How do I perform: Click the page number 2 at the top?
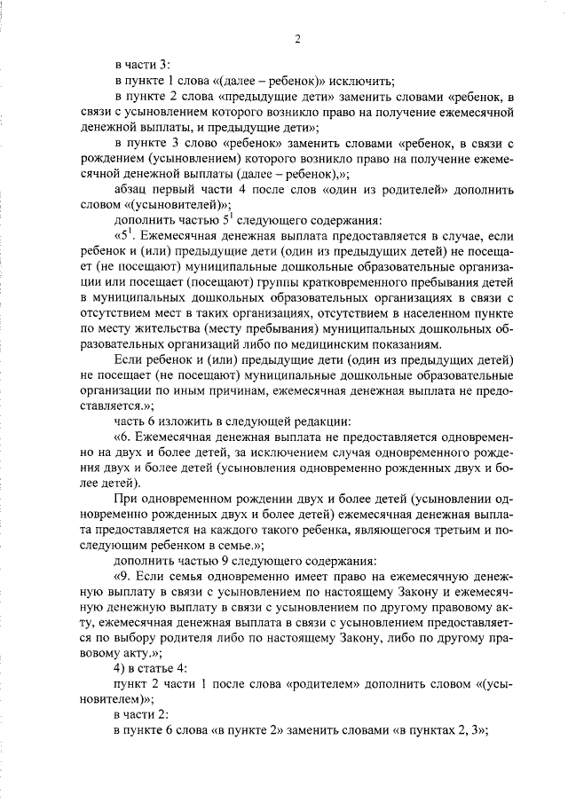pos(298,38)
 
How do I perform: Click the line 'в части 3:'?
pos(147,65)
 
